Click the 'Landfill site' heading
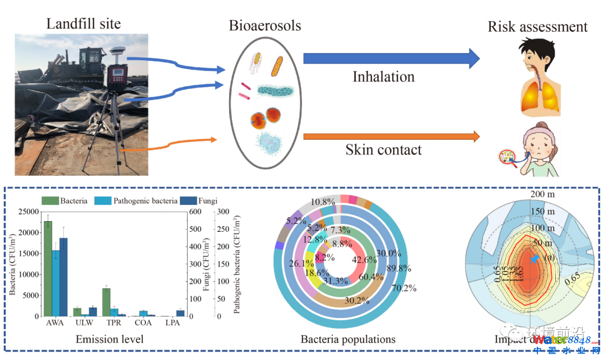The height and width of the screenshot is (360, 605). [x=83, y=24]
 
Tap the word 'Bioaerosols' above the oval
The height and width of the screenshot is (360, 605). [x=264, y=26]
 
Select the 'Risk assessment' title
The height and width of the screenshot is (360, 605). [x=537, y=26]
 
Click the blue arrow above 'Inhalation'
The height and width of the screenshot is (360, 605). [x=391, y=58]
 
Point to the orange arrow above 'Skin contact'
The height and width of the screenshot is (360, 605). [x=391, y=136]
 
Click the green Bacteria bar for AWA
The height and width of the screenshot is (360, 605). [x=48, y=269]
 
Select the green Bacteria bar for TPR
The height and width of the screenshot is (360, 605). [x=106, y=302]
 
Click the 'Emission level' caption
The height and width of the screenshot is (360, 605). [x=109, y=339]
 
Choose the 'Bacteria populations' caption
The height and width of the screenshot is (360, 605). [x=348, y=339]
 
